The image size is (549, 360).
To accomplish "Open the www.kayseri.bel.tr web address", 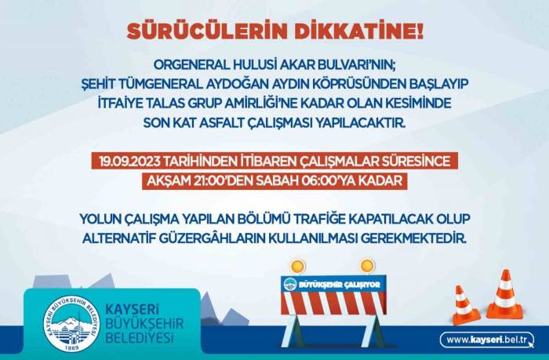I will point(485,340).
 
